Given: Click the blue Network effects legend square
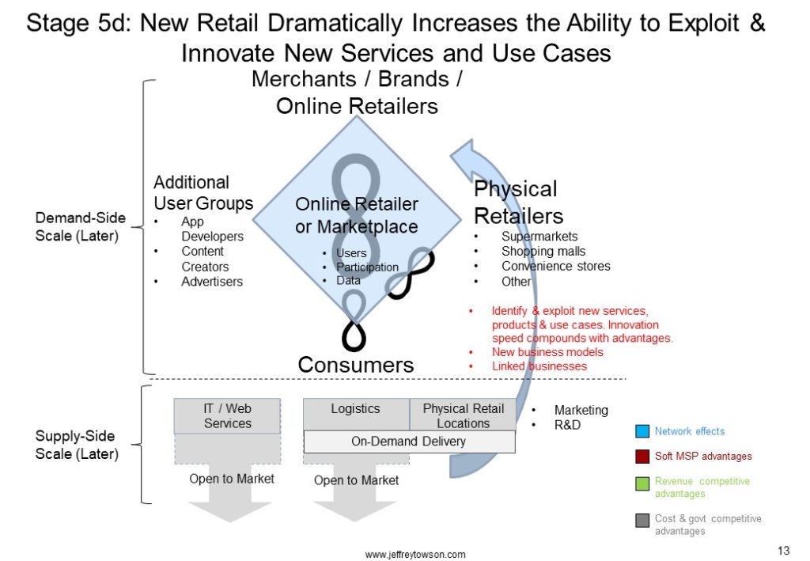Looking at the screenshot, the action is coord(642,430).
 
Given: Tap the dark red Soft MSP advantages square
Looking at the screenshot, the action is coord(642,456).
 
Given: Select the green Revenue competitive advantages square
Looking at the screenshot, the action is coord(642,484).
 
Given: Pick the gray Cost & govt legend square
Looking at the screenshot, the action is coord(642,520).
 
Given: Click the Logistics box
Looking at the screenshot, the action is coord(356,415).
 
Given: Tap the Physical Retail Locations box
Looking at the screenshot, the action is coord(463,415).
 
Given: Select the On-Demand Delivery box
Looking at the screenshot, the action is coord(409,442).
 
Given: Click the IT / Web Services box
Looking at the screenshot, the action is coord(227,416).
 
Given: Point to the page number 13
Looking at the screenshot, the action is coord(784,550).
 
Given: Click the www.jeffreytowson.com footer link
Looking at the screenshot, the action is coord(415,555).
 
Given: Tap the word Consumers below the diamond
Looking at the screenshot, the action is coord(356,365).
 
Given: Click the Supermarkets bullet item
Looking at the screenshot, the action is coord(539,236).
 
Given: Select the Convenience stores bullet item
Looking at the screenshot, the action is coord(556,266).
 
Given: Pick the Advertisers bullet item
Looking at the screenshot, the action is coord(212,282).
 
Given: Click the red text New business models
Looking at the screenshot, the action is coord(547,352).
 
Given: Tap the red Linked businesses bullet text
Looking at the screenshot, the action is coord(539,366).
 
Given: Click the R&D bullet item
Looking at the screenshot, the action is coord(567,425).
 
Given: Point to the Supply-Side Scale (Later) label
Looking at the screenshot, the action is coord(77,445).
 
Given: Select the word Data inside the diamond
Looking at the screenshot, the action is coord(348,280).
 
